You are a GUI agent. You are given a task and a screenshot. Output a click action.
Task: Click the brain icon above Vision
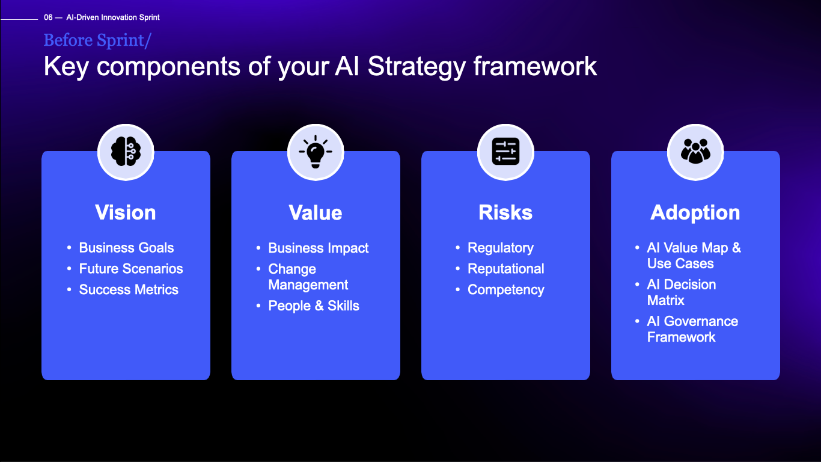[126, 152]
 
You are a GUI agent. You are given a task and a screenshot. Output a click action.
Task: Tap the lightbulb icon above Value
[316, 152]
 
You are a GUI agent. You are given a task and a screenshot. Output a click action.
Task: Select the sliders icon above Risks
[505, 152]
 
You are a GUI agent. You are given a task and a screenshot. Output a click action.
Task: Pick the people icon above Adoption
[695, 152]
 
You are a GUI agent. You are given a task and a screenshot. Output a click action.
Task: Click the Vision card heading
[126, 212]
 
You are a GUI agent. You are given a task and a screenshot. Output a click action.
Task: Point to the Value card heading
[316, 212]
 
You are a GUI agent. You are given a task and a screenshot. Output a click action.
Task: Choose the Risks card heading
[505, 212]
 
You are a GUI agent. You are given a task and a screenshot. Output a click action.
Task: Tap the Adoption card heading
[695, 212]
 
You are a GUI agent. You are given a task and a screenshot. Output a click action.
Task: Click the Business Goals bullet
[126, 248]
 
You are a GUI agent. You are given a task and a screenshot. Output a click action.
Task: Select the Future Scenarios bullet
[131, 269]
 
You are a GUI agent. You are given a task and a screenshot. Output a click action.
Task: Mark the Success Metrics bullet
[129, 290]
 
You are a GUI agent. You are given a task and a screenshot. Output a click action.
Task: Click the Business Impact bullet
[319, 248]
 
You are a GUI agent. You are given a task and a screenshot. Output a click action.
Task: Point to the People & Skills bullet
[314, 306]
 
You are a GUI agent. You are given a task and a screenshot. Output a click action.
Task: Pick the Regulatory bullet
[501, 248]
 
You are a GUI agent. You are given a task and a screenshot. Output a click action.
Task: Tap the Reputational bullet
[506, 269]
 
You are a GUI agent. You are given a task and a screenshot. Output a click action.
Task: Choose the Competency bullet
[506, 290]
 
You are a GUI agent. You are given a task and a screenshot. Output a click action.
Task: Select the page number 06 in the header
[48, 17]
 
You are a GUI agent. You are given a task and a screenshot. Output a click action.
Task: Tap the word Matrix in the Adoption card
[666, 300]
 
